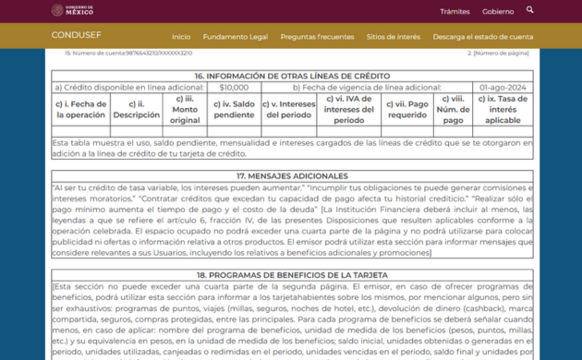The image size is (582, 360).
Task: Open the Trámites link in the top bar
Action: (x=455, y=11)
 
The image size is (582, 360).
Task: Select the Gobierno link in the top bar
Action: (x=498, y=11)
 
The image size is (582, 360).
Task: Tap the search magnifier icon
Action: (x=530, y=10)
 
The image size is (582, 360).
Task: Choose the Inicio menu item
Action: (x=181, y=37)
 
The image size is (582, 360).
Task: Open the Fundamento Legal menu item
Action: (x=235, y=37)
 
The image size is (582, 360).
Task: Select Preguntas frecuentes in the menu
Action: (x=317, y=37)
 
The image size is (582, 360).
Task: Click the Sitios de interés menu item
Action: (x=393, y=37)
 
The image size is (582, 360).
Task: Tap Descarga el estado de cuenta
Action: (x=482, y=37)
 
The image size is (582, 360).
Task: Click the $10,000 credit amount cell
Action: (x=234, y=88)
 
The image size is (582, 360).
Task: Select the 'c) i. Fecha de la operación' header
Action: (x=81, y=110)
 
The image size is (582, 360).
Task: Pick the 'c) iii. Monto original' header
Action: (x=185, y=110)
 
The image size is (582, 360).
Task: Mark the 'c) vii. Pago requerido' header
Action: (x=406, y=110)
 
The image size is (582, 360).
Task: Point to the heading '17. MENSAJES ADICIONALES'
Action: (x=292, y=175)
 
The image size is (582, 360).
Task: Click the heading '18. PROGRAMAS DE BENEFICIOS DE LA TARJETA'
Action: (x=292, y=275)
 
